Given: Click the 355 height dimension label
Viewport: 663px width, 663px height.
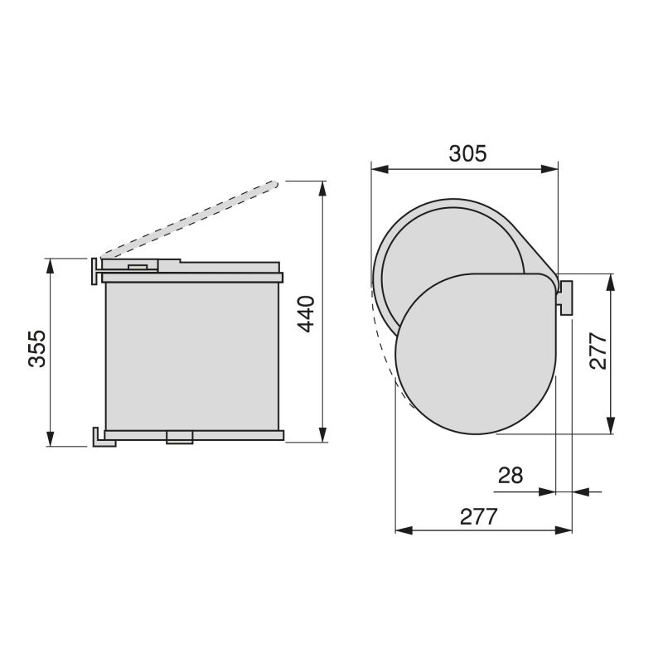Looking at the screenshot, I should (x=36, y=351).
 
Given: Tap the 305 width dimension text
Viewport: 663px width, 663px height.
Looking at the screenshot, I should (x=467, y=153).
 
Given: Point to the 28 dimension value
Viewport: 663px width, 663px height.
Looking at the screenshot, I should (x=511, y=476).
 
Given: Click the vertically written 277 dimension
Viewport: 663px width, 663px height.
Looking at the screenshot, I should (x=598, y=351).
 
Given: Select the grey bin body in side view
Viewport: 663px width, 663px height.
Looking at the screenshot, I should (x=192, y=356).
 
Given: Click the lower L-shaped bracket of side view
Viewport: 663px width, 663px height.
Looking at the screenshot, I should (x=102, y=438).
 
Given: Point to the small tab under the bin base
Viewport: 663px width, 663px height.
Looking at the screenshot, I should (x=178, y=437).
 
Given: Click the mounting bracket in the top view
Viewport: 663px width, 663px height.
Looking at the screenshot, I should (x=566, y=298).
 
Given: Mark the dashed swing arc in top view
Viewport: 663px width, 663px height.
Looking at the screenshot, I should (x=385, y=348).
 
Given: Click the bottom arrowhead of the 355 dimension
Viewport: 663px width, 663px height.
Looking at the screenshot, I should (x=51, y=439).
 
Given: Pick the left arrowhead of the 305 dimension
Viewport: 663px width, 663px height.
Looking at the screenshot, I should (x=378, y=169).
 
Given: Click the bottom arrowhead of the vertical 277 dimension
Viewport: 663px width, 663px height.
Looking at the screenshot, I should (x=612, y=428).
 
